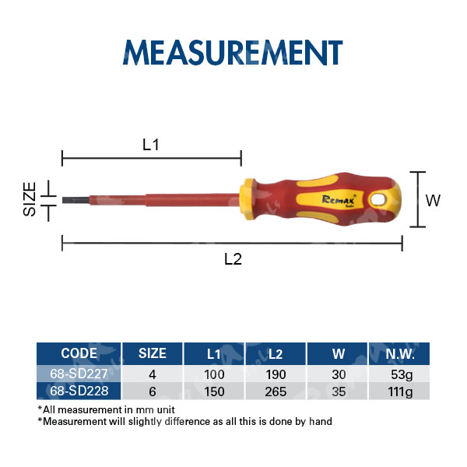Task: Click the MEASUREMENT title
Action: pyautogui.click(x=233, y=52)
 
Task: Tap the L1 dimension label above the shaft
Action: pyautogui.click(x=151, y=145)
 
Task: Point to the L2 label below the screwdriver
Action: pyautogui.click(x=233, y=259)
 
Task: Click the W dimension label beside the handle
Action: pyautogui.click(x=433, y=201)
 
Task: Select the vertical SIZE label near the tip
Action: pyautogui.click(x=30, y=199)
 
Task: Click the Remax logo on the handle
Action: pyautogui.click(x=339, y=201)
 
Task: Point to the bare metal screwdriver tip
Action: pyautogui.click(x=75, y=200)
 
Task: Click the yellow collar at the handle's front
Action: pyautogui.click(x=248, y=199)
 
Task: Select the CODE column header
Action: pyautogui.click(x=79, y=353)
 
